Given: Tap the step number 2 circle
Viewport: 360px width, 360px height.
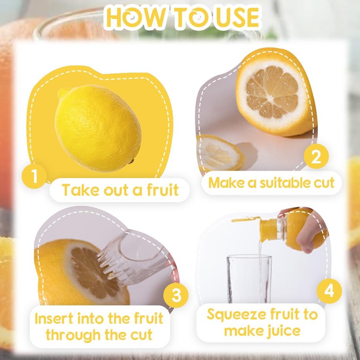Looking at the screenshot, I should point(316,157).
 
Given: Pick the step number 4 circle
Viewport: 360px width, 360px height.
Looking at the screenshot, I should point(329,291).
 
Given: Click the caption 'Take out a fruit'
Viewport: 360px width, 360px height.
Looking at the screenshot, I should point(120,190).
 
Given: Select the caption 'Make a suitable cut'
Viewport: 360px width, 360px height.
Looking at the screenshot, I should point(271,183).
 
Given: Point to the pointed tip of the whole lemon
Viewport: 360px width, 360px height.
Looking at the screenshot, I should point(63,93).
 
